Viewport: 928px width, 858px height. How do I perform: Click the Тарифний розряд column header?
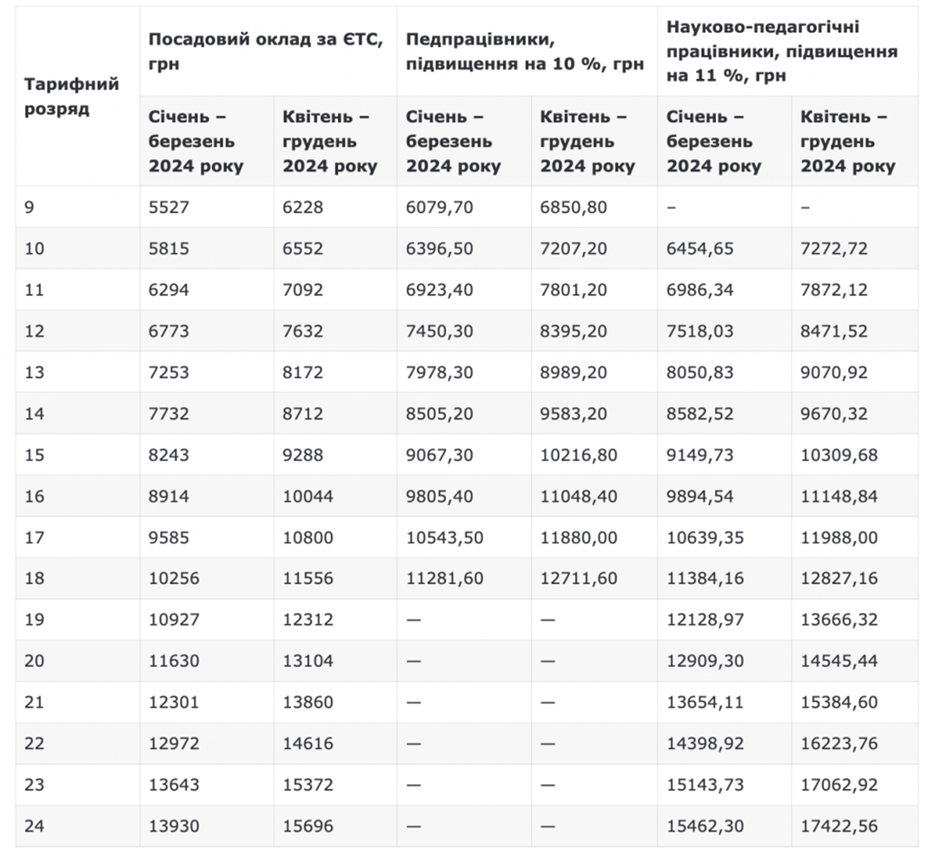[71, 96]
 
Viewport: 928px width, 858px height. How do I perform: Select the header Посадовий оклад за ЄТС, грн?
[266, 51]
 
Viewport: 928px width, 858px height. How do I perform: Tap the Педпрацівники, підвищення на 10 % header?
[525, 51]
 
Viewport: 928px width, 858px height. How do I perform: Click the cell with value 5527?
[169, 207]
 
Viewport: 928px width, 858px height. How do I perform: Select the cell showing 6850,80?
[573, 207]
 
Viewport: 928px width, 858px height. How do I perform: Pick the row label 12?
[35, 331]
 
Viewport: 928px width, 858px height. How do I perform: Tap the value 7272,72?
[834, 249]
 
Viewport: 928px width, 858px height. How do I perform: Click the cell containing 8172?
[303, 372]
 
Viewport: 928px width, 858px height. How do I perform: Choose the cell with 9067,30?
[439, 455]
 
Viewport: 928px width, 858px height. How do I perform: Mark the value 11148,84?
[839, 496]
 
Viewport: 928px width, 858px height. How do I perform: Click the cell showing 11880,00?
[579, 537]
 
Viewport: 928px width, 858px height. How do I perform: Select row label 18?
[35, 578]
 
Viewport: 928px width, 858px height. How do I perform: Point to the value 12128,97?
[705, 620]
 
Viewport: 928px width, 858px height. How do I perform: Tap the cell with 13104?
[308, 661]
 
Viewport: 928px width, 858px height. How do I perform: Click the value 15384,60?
[839, 702]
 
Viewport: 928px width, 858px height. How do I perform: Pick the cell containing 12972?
[174, 744]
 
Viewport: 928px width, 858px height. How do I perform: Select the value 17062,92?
[839, 785]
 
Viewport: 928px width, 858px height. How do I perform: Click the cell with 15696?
[308, 826]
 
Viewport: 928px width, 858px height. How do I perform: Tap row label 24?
[35, 826]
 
